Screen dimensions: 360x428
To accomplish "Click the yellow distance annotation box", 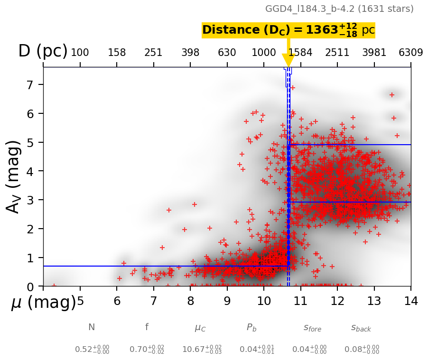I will coord(288,30).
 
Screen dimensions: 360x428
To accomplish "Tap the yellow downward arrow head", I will coord(288,60).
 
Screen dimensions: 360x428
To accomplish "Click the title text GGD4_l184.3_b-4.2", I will coord(339,9).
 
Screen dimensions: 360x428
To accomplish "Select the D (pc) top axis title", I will coord(43,51).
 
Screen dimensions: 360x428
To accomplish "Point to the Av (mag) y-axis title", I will coord(14,176).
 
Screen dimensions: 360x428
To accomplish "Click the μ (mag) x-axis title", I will coord(43,303).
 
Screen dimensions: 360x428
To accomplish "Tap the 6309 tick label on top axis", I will coord(411,53).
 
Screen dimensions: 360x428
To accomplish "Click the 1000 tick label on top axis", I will coord(264,53).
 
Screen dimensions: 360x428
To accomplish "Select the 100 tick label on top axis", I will coord(80,53).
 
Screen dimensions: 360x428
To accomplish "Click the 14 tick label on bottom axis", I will coord(411,301).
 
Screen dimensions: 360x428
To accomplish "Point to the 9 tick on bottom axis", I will coord(227,301).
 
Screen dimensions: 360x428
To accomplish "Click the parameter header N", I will coord(92,327).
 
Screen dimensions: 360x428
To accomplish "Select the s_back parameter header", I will coord(361,328).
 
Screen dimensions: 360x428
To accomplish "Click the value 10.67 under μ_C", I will coord(195,350).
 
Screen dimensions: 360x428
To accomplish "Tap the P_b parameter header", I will coord(251,327).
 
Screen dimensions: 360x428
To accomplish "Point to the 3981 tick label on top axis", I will coord(374,53).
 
